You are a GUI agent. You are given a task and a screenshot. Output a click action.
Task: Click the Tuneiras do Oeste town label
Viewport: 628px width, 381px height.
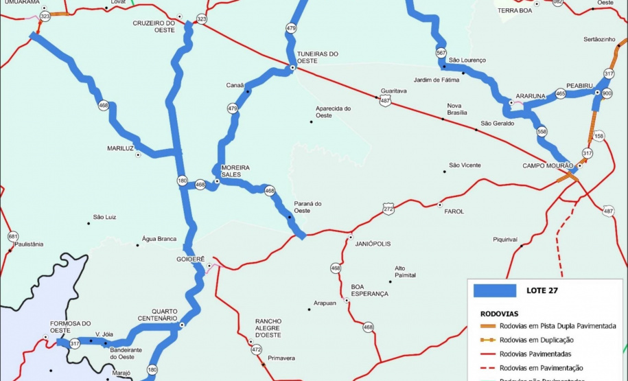[317, 57]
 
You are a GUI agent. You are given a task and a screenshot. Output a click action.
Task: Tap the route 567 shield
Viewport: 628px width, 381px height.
[441, 53]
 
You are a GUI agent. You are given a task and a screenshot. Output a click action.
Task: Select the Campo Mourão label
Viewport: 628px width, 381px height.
[547, 165]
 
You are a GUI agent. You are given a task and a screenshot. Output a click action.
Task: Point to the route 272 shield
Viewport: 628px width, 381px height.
[388, 208]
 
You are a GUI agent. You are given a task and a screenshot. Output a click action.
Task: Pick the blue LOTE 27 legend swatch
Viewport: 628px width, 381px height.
[495, 290]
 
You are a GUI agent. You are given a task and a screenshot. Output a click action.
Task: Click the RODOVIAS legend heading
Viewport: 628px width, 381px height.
[500, 312]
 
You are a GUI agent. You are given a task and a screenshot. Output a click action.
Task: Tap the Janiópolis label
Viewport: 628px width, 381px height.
[372, 243]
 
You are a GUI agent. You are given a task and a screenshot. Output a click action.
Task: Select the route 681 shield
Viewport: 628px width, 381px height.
[13, 236]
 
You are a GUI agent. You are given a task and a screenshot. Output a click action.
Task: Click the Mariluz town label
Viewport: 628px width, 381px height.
[120, 148]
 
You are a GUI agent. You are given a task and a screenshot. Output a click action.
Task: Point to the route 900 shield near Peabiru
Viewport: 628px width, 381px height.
[607, 93]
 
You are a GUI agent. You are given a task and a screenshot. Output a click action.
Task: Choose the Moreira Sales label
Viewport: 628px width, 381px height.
[235, 171]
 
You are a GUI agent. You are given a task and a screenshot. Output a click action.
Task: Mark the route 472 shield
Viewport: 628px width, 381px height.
[257, 350]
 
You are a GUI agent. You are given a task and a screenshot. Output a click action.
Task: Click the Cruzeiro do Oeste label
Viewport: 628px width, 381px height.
[154, 26]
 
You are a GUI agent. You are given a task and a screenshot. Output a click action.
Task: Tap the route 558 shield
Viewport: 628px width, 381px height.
[542, 131]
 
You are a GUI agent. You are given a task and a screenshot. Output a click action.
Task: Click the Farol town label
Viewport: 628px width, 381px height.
[454, 211]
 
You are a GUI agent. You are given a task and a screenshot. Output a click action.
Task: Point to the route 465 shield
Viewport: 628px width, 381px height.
[561, 93]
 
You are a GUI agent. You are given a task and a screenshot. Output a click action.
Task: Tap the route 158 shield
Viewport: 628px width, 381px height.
[599, 136]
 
